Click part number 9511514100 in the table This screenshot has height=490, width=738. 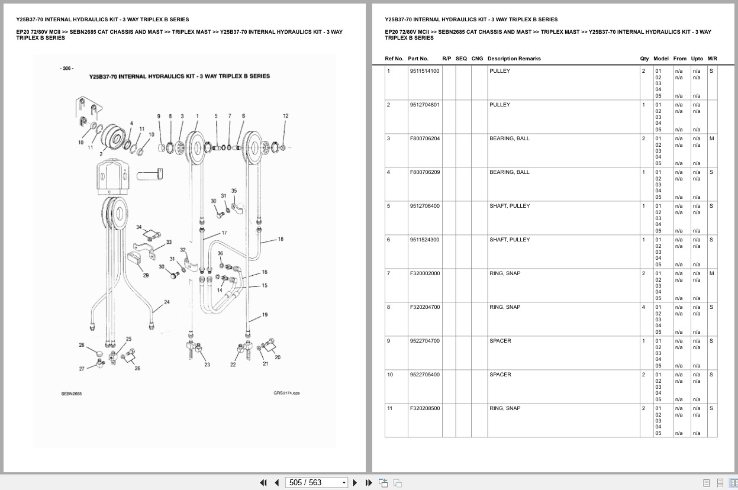[424, 71]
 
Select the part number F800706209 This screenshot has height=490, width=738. [425, 172]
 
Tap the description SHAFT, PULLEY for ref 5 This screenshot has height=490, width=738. [510, 206]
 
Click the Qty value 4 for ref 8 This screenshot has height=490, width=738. [643, 307]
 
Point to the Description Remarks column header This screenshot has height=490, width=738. [514, 59]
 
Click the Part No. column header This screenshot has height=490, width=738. [418, 59]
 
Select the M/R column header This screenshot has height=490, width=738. [712, 59]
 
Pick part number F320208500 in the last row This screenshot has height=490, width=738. [425, 408]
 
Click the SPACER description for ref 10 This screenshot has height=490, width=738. [500, 375]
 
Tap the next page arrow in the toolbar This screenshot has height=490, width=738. [355, 483]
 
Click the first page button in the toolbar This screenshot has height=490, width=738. [263, 483]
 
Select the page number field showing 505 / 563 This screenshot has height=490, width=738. [316, 483]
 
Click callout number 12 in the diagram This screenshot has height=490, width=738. [286, 116]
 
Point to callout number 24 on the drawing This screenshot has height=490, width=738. [167, 302]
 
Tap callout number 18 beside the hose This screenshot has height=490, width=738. [281, 239]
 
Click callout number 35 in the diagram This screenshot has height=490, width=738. [234, 191]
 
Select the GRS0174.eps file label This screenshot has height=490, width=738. [286, 393]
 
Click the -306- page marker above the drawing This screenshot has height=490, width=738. [67, 69]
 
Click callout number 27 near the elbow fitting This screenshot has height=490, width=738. [82, 369]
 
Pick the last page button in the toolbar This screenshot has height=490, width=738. [369, 483]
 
